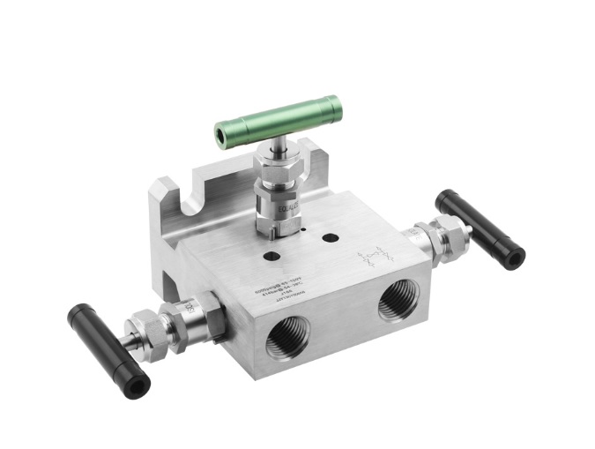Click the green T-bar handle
277,121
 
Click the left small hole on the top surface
271,255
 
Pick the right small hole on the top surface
331,238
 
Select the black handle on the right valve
480,228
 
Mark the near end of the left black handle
136,384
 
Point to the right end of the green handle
335,103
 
